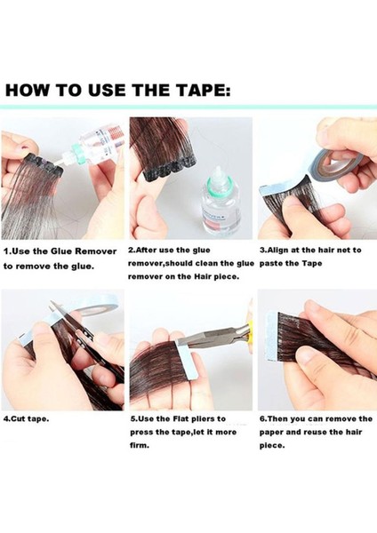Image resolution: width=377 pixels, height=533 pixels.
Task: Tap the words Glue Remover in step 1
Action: (x=84, y=251)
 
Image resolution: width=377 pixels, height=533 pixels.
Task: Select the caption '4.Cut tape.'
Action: (x=26, y=418)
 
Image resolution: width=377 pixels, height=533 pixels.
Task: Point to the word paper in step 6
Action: (x=270, y=433)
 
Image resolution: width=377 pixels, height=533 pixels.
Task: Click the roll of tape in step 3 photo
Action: (x=335, y=159)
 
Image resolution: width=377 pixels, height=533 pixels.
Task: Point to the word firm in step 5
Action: (x=140, y=446)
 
